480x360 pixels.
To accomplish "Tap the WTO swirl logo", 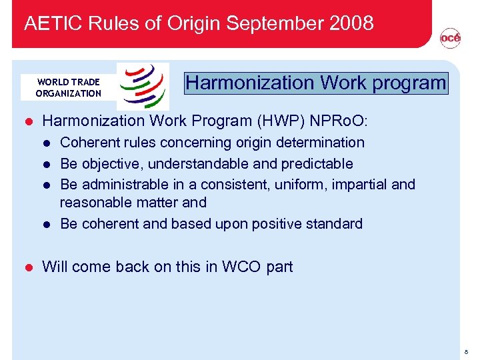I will [x=143, y=86].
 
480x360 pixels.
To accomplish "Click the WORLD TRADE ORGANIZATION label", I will [x=68, y=87].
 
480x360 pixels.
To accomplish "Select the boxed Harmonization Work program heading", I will [x=316, y=83].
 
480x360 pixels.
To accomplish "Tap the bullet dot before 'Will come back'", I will [x=28, y=267].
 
